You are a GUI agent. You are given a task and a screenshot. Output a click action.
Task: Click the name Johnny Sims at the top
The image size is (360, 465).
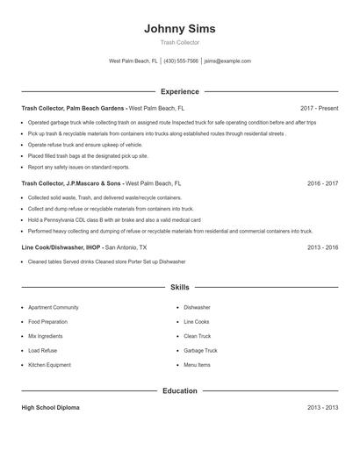click(179, 28)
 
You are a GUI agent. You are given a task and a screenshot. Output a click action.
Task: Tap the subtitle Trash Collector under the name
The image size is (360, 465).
click(179, 42)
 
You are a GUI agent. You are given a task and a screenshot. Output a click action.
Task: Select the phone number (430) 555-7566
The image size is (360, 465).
click(181, 61)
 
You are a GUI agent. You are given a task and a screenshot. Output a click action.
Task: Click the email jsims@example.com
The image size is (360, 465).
click(227, 61)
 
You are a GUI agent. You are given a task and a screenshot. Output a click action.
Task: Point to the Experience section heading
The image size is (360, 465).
click(179, 91)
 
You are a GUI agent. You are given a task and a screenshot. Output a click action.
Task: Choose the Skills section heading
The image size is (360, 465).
click(179, 287)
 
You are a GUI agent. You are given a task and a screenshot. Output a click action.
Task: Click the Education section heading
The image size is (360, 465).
click(179, 390)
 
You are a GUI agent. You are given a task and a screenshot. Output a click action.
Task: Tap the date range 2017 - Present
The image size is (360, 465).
click(318, 108)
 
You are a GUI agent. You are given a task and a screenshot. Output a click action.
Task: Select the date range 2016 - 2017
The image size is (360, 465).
click(322, 184)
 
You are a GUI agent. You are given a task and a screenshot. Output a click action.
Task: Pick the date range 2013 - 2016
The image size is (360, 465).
click(322, 247)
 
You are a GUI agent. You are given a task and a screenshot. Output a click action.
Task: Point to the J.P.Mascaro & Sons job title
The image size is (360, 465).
click(71, 184)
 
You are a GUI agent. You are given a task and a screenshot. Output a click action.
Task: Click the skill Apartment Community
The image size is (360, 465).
click(54, 308)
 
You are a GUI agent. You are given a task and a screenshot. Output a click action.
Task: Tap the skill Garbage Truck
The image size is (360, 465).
click(200, 350)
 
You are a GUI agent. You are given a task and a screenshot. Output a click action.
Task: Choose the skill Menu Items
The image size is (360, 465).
click(197, 364)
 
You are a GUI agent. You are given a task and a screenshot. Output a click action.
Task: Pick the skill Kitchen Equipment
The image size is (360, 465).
click(49, 364)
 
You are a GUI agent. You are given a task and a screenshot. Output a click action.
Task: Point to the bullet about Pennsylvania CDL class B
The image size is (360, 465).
click(114, 219)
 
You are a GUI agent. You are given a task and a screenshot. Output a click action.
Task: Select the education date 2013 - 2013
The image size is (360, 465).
click(322, 408)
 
